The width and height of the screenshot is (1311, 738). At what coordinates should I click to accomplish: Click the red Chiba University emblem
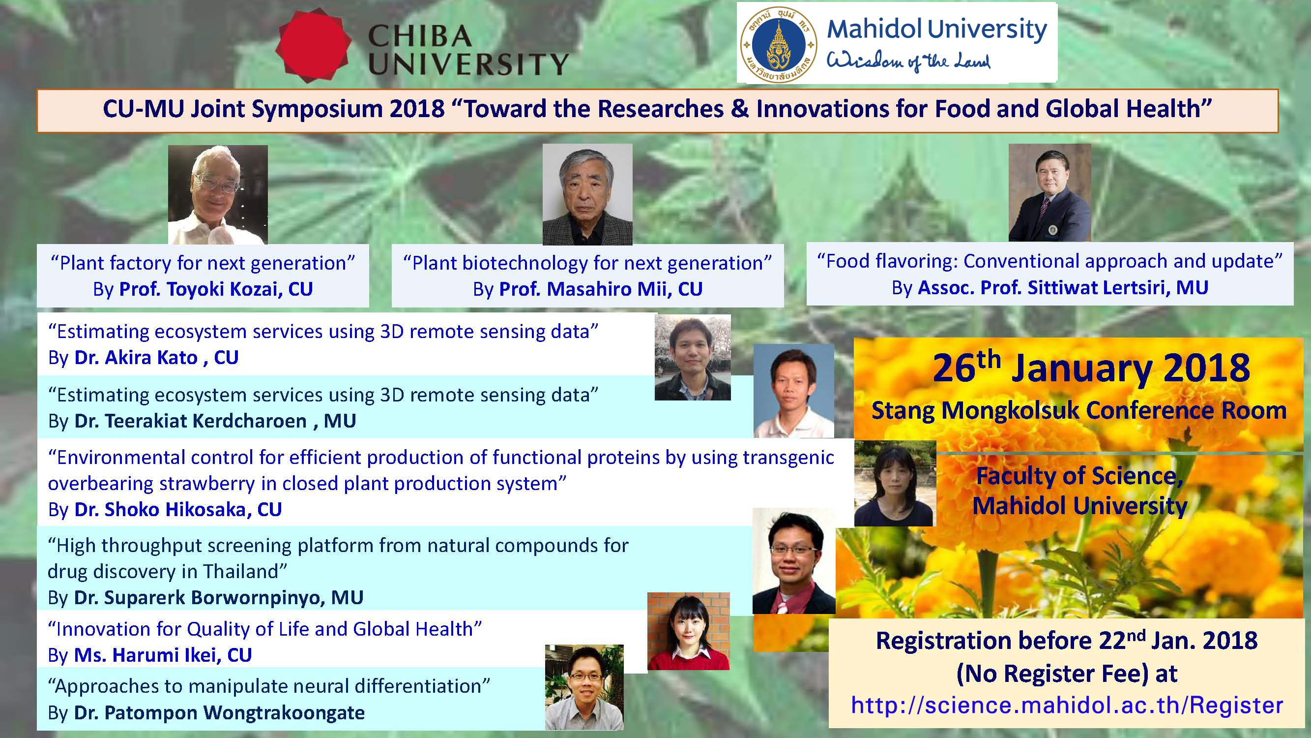coord(313,45)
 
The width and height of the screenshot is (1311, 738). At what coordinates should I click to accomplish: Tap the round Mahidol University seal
coord(779,45)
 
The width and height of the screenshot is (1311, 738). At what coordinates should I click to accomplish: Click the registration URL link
coord(1067,706)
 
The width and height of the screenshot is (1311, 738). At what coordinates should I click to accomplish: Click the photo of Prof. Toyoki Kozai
coord(218,194)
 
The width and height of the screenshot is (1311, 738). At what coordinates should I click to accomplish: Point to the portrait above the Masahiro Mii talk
coord(587,194)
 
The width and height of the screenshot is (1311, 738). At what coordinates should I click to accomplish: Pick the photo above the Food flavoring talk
coord(1050,192)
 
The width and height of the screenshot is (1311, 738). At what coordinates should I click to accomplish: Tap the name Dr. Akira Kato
coord(136,358)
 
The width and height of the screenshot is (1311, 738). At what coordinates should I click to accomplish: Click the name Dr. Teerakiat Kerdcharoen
coord(190,421)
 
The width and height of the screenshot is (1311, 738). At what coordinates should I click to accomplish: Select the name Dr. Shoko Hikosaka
coord(160,509)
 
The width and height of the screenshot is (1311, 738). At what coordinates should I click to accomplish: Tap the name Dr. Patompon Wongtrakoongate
coord(219,712)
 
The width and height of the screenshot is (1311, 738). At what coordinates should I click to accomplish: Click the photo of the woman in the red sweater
coord(689,632)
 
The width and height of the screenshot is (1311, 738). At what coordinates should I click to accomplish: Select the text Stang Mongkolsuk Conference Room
coord(1079,410)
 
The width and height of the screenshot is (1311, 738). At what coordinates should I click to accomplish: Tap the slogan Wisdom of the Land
coord(908,61)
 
